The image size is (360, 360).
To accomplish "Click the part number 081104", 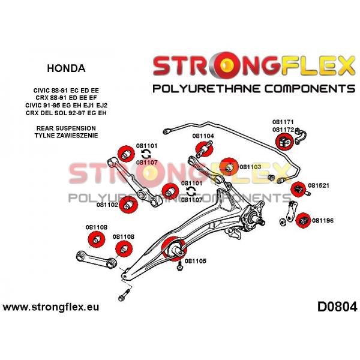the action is (203, 136).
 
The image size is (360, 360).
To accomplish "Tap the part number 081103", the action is (250, 167).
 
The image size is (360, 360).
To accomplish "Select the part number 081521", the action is (319, 185).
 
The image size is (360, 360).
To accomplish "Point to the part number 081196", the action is (323, 221).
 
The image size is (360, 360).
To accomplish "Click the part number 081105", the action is (196, 261).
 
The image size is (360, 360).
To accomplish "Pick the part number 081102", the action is (107, 205).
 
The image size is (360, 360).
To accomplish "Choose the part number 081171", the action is (283, 122).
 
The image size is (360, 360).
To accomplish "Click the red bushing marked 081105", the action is (174, 248).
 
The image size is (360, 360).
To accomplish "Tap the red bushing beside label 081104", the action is (204, 149).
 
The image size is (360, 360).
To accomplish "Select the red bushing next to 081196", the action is (303, 220).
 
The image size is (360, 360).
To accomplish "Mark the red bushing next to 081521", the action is (298, 190).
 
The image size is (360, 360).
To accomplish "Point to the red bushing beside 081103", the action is (229, 167).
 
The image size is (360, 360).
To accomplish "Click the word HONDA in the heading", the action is (66, 68).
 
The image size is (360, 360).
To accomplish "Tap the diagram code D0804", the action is (337, 307).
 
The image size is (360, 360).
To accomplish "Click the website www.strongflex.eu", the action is (51, 307).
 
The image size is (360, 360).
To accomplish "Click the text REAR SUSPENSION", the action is (66, 128).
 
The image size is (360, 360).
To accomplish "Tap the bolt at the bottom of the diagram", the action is (124, 295).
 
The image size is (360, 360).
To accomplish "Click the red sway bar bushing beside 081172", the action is (284, 142).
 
